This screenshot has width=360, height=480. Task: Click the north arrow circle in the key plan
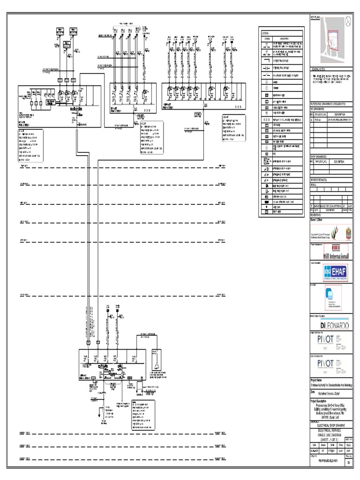tap(347, 21)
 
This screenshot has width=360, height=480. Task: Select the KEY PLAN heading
tap(315, 17)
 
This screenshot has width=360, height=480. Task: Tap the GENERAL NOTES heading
tap(321, 69)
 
